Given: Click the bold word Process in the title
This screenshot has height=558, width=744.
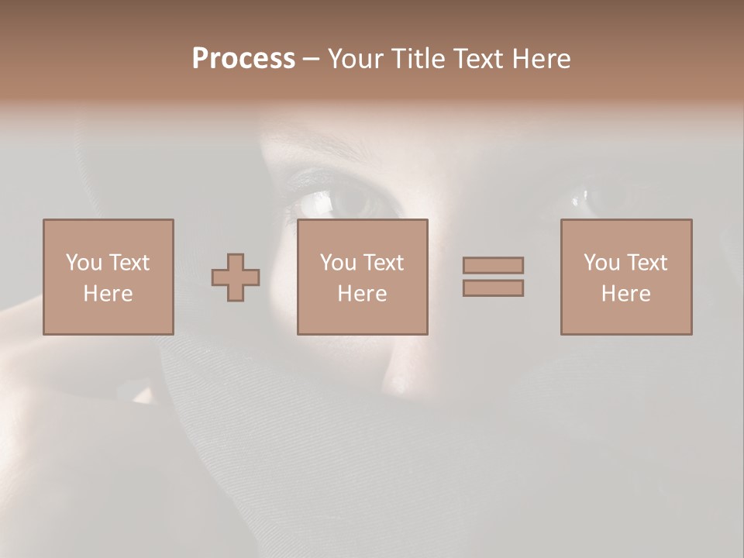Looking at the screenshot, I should coord(243,59).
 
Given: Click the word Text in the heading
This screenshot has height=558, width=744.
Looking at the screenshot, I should coord(475,59).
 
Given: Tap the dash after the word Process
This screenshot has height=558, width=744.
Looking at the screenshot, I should coord(311,60).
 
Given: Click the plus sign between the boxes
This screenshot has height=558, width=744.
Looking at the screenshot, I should coord(236,277).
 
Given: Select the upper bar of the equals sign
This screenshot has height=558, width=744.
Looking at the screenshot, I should coord(493,265).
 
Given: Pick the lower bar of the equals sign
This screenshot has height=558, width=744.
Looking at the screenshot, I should coord(493,288).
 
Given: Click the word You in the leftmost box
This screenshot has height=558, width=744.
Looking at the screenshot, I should coord(84,263).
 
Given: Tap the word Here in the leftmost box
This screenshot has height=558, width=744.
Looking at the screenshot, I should coord(108,294).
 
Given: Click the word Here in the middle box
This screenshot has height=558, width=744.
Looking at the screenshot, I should coord(362,294).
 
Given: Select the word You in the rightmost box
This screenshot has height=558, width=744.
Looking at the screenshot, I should coord(601,263).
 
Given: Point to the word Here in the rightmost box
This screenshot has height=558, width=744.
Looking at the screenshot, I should coord(625,294).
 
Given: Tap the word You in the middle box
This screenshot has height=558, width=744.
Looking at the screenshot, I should coord(338,263).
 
